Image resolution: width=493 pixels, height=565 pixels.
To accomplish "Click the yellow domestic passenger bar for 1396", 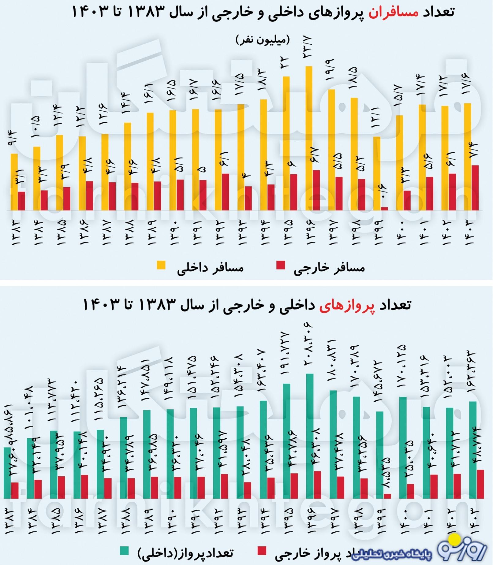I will coord(309,138).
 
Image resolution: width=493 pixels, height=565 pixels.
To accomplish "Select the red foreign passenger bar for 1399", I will coord(384,209).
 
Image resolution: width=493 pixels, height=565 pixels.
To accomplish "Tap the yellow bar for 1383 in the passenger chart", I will coord(14,182).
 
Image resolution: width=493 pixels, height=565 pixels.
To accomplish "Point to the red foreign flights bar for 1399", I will coord(387,496).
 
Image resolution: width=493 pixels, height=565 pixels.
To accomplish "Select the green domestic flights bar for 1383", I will coord(7,473).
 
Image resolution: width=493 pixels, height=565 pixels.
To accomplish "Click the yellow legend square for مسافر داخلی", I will coord(161,265).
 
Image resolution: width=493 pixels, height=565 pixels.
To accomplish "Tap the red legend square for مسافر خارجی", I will coord(280,265).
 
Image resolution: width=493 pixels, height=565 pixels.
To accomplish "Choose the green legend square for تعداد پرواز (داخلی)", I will coord(124,551).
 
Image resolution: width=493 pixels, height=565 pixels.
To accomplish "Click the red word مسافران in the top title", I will coord(393,12).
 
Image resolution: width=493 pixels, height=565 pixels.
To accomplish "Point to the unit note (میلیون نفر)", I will coord(262,40).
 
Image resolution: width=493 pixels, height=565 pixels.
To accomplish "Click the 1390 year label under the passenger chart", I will coord(173,232).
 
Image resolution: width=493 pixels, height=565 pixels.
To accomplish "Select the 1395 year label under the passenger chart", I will coord(288,232).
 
